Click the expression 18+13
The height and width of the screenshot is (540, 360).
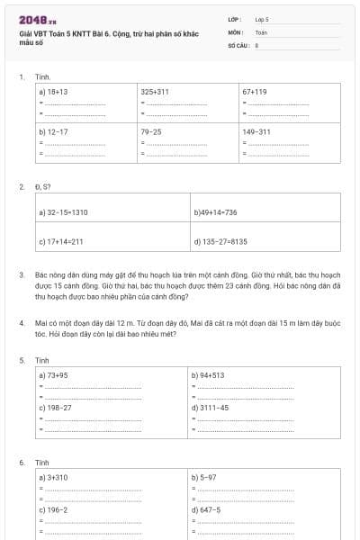[x=55, y=92]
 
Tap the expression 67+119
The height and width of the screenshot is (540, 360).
[x=255, y=92]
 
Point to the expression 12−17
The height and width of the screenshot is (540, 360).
[x=55, y=131]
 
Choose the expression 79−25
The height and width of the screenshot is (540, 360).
[x=151, y=131]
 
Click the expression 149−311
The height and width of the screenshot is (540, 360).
[x=256, y=131]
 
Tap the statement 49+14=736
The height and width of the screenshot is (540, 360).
[x=217, y=212]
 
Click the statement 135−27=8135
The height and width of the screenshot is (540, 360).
[x=222, y=242]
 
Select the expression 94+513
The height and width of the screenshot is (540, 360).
[x=210, y=374]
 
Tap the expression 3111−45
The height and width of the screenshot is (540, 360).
[x=212, y=407]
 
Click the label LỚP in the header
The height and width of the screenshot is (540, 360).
[x=234, y=18]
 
